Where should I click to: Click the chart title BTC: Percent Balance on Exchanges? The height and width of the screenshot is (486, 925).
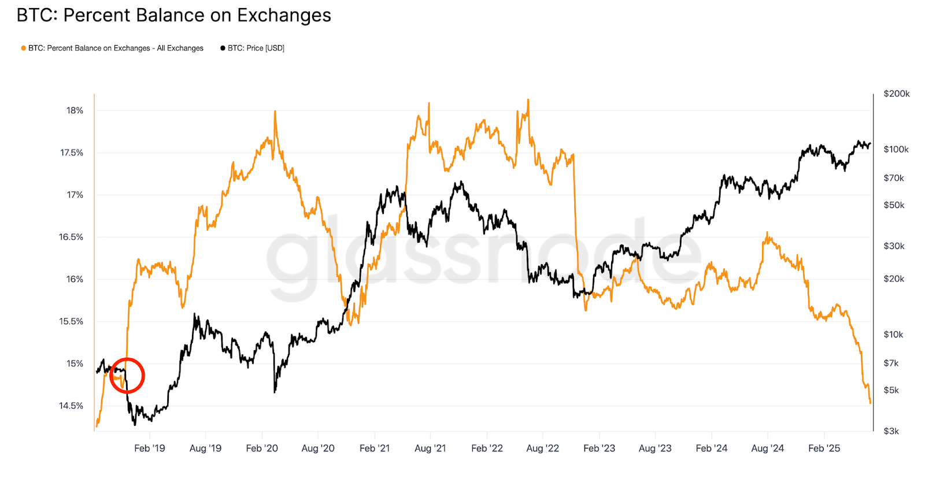coord(173,16)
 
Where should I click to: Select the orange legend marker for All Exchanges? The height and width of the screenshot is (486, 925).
coord(23,49)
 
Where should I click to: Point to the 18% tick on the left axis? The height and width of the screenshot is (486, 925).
coord(75,110)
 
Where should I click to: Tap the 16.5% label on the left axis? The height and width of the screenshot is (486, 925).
coord(71,237)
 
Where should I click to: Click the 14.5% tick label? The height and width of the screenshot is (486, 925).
coord(71,406)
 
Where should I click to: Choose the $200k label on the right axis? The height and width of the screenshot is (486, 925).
coord(896,94)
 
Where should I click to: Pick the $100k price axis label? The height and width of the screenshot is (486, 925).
coord(896,149)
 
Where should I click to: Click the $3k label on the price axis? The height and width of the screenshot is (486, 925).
coord(891,431)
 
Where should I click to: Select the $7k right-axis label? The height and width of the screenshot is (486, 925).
coord(891,363)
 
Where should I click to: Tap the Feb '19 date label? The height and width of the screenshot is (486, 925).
coord(149,448)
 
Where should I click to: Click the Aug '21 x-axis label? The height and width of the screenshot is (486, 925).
coord(430,448)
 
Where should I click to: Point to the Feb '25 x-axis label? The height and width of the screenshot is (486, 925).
coord(824,448)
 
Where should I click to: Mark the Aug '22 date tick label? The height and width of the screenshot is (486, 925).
coord(542,448)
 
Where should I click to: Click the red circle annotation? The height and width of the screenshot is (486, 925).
coord(127,376)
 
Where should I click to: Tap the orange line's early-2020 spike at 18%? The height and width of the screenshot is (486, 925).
coord(275,112)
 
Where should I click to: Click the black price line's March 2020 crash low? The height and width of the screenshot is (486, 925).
coord(275,392)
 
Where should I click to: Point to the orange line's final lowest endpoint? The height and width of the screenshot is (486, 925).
coord(870,403)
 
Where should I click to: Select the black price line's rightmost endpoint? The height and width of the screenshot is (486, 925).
coord(870,144)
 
